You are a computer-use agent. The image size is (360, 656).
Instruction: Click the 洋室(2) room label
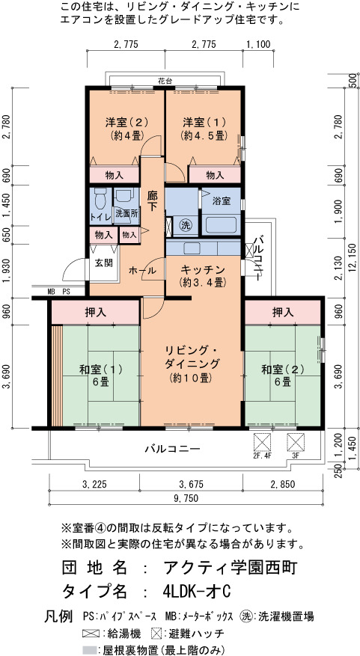coord(126,122)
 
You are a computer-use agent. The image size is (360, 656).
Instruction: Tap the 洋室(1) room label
coord(204,122)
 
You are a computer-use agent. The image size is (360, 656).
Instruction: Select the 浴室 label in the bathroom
coord(222,200)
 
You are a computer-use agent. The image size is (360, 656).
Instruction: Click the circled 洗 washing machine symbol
coord(186,224)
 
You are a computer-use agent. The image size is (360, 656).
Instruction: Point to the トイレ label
coord(100,217)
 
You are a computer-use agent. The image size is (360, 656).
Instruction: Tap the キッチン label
coord(203,269)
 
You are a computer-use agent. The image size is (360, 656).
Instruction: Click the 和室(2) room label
coord(283,370)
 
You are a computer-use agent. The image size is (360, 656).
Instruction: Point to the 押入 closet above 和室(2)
coord(283,312)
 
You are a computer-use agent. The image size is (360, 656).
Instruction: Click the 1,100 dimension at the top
coord(259,44)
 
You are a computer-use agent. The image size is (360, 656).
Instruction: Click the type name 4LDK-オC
coord(197,592)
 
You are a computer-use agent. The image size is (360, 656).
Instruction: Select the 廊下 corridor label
coord(152,200)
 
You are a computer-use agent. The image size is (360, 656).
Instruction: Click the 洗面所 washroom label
coord(126,212)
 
